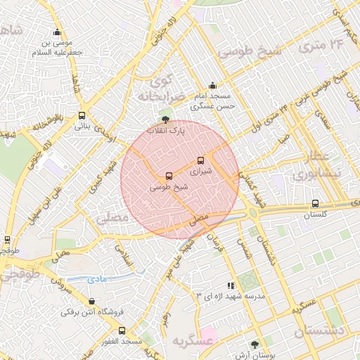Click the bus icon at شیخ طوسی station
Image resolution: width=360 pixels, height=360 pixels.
click(x=168, y=176)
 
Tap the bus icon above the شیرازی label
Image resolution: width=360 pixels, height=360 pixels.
click(x=201, y=160)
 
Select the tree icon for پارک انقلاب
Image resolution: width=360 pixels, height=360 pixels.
click(x=165, y=120)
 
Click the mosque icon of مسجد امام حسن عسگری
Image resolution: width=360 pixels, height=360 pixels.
click(x=212, y=86)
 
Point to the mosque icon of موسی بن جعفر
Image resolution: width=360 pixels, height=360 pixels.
click(x=57, y=32)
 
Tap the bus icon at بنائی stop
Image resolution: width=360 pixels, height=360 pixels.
click(x=82, y=116)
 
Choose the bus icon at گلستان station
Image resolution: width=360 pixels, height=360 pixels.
click(x=314, y=203)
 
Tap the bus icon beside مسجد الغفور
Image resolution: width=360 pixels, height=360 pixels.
click(x=122, y=330)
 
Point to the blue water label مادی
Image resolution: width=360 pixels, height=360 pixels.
click(x=98, y=279)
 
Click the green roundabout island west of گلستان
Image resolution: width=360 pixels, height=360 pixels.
click(x=254, y=212)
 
